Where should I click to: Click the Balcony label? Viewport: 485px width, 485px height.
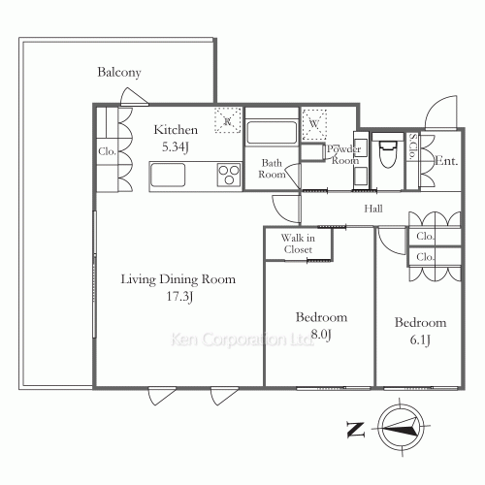tap(119, 73)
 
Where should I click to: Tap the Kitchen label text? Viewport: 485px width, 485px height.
tap(176, 130)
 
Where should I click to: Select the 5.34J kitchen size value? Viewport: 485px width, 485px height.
tap(176, 147)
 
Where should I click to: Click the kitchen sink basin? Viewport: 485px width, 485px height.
tap(168, 175)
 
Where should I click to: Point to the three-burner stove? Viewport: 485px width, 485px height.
tap(229, 175)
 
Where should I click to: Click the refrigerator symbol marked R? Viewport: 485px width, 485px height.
tap(228, 120)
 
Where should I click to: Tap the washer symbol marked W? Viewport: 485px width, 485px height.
tap(314, 124)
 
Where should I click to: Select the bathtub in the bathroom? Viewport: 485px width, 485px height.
tap(272, 133)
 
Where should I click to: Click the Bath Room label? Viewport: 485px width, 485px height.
tap(272, 169)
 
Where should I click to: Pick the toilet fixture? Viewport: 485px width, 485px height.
tap(388, 152)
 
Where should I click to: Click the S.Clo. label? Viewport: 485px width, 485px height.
tap(412, 146)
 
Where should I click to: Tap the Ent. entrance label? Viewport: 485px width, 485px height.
tap(446, 161)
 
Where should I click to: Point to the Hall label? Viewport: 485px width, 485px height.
tap(373, 209)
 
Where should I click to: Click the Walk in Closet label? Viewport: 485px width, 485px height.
tap(298, 243)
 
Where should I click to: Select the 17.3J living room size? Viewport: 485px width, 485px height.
tap(179, 297)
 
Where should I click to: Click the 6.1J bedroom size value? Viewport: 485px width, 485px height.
tap(420, 339)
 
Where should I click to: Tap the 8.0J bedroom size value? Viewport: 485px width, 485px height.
tap(321, 335)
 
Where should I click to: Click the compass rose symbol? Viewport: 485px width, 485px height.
tap(401, 428)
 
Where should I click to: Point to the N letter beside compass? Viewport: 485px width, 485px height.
tap(355, 430)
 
